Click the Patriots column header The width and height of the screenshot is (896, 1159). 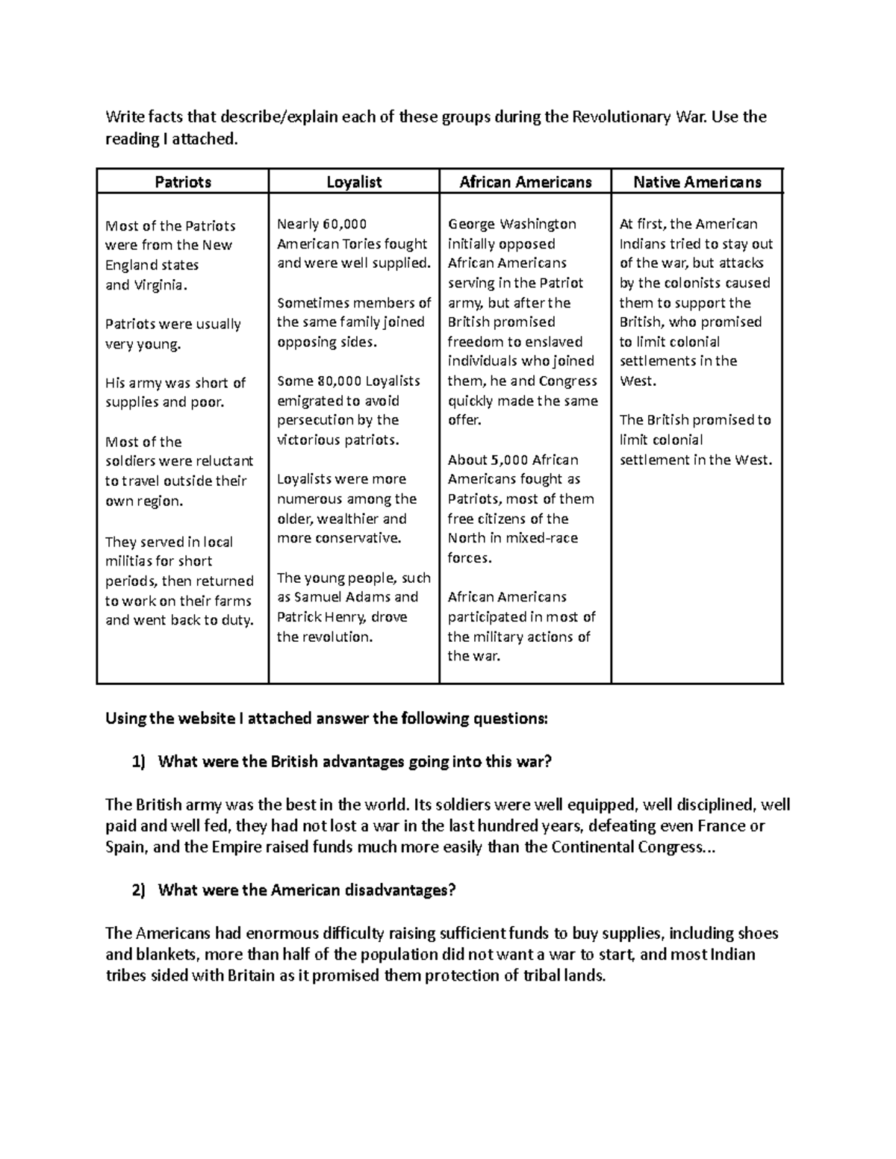pyautogui.click(x=182, y=181)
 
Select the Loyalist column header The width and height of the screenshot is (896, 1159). pyautogui.click(x=354, y=181)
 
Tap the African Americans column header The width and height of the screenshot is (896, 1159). pyautogui.click(x=525, y=181)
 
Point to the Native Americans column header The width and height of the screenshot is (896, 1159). pyautogui.click(x=697, y=181)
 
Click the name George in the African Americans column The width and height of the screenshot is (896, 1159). pyautogui.click(x=471, y=224)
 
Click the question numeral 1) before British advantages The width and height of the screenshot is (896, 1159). pyautogui.click(x=139, y=762)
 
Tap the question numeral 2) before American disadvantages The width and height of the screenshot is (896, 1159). pyautogui.click(x=139, y=890)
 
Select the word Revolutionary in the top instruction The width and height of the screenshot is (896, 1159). pyautogui.click(x=621, y=117)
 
